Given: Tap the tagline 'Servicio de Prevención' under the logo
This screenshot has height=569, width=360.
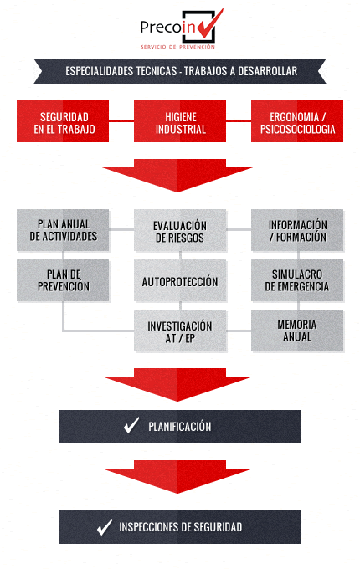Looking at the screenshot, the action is [x=177, y=47].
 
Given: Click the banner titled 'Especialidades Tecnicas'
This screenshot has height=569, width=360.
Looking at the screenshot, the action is [x=180, y=71].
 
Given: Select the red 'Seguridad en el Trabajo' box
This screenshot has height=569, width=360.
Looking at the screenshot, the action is [x=63, y=121].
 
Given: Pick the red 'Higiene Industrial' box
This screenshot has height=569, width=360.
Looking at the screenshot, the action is [x=180, y=121].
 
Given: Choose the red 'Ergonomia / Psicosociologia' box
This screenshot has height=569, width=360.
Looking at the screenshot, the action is [x=297, y=121].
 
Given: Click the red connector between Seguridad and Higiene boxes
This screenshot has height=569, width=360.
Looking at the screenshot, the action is [x=121, y=120].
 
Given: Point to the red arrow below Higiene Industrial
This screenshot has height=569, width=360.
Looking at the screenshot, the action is [x=177, y=175].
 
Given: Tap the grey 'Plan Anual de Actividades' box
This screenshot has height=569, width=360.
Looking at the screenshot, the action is [x=63, y=230].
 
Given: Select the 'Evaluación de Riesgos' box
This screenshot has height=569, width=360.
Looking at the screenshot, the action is [x=180, y=230].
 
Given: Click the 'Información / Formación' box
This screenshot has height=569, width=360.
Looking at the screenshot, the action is [x=297, y=230].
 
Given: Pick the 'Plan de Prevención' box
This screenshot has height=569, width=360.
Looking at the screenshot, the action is [x=63, y=280].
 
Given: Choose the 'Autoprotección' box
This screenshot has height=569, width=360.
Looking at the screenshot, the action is [x=180, y=280].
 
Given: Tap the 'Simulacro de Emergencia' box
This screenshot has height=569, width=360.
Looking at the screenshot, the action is [x=297, y=280].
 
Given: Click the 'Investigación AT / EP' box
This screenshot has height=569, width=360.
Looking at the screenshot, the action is [x=180, y=331].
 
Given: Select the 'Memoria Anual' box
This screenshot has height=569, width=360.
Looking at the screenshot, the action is [x=297, y=331].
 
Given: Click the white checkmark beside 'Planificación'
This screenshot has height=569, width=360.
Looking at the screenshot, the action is [x=131, y=427].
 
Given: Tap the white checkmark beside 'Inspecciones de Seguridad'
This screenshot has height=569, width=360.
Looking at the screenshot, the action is [x=104, y=528].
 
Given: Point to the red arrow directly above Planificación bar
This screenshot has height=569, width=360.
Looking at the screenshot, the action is [x=177, y=385].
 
